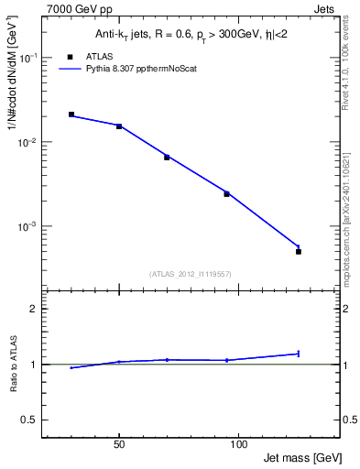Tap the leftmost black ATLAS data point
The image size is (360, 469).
[71, 115]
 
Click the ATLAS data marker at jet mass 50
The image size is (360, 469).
[119, 126]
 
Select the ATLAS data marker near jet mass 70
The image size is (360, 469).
[167, 158]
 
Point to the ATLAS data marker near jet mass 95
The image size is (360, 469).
[226, 194]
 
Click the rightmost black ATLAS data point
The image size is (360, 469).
[299, 251]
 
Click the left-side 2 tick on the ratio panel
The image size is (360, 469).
[34, 309]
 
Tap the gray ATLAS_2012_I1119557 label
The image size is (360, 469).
[190, 274]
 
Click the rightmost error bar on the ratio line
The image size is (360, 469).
[299, 353]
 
